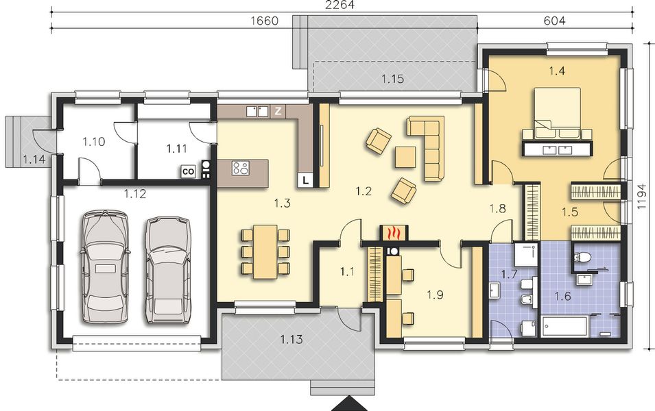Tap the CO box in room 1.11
tap(188, 172)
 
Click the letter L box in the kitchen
tap(305, 180)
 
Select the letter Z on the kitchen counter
tap(278, 110)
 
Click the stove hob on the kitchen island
tap(240, 168)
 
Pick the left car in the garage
tap(104, 266)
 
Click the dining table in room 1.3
tap(265, 251)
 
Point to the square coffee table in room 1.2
tap(405, 157)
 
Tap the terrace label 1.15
tap(392, 79)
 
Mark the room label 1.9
tap(435, 295)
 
